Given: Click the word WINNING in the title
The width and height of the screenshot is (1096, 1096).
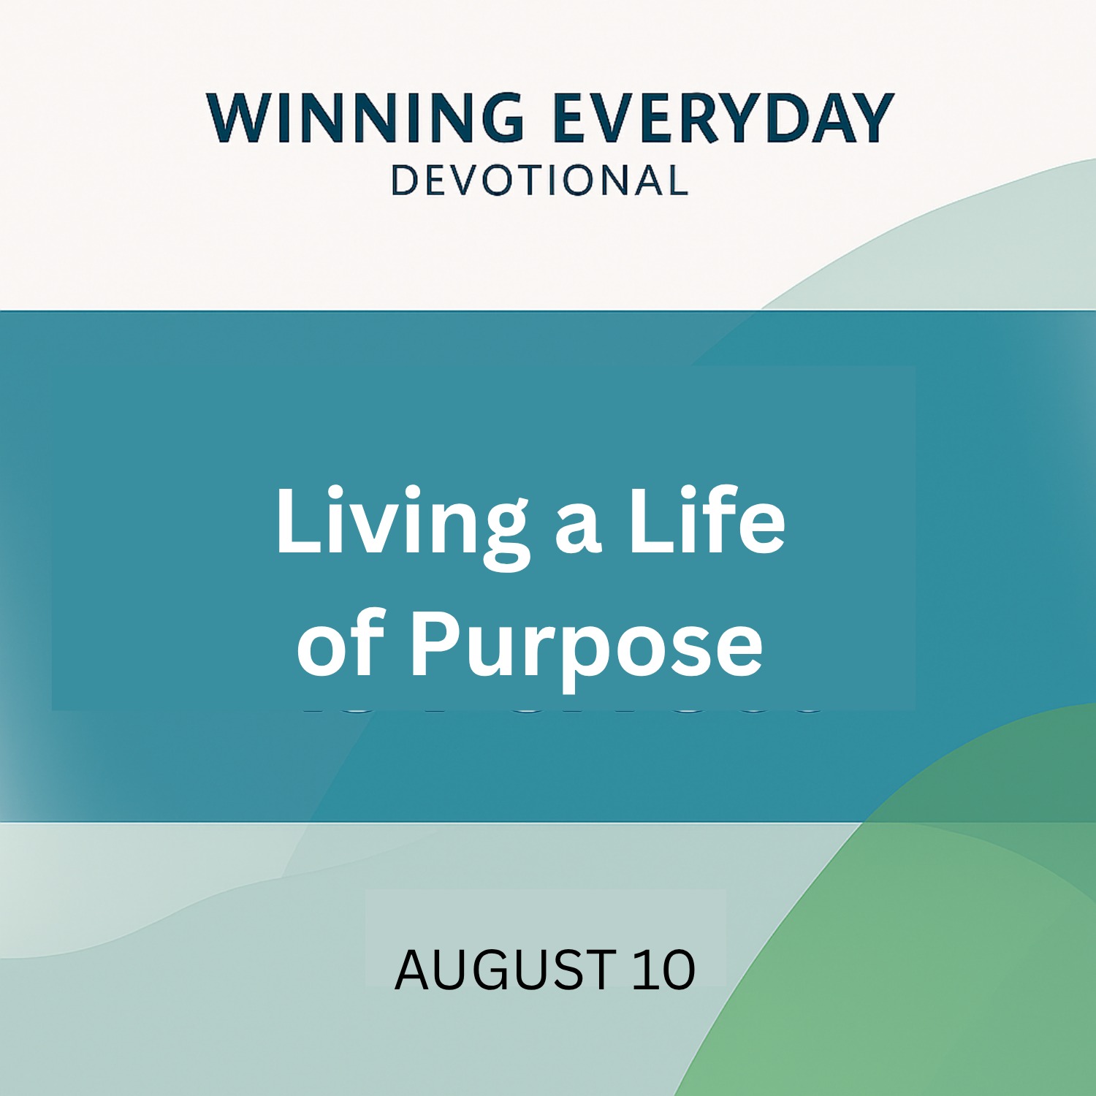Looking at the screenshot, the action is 365,118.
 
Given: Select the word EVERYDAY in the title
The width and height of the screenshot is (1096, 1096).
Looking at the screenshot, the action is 724,118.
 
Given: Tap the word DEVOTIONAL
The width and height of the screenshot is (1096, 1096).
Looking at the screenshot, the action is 540,180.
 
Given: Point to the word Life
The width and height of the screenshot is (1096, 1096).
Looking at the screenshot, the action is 707,520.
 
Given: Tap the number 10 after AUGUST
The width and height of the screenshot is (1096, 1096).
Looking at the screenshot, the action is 663,970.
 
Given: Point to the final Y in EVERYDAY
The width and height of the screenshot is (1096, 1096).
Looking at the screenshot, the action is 869,118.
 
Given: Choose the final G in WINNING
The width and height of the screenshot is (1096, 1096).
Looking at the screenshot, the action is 500,118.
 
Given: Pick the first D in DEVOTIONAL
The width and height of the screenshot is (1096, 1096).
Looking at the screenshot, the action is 406,180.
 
